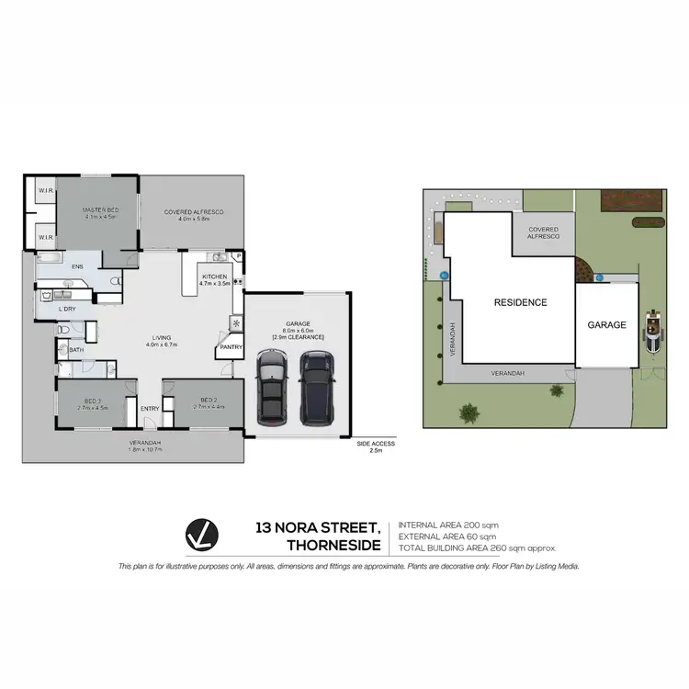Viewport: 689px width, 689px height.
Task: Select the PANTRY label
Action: click(230, 346)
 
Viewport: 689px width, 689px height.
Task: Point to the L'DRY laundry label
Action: click(66, 308)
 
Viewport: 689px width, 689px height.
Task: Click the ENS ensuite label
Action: click(78, 266)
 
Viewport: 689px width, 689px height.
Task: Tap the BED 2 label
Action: click(209, 401)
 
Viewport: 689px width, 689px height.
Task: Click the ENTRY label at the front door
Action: click(150, 410)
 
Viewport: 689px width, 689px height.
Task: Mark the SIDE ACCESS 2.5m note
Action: click(375, 444)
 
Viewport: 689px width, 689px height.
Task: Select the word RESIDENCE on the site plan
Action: click(520, 302)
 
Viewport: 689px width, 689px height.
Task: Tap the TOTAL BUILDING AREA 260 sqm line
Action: click(478, 548)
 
